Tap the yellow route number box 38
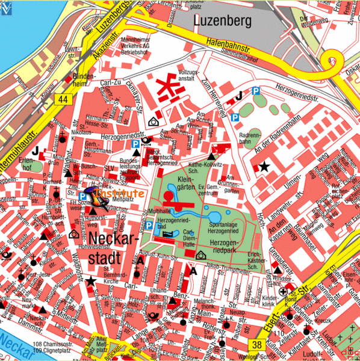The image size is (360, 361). click(x=257, y=345)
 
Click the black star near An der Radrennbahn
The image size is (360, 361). click(x=263, y=166)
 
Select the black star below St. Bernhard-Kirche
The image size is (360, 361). click(x=91, y=280)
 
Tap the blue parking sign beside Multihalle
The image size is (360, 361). click(x=148, y=225)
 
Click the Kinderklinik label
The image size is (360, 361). click(x=270, y=300)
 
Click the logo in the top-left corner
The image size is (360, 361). click(x=5, y=5)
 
